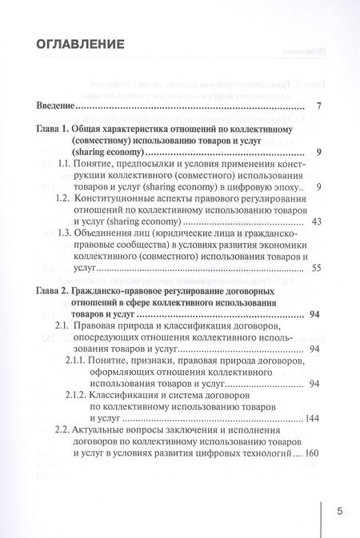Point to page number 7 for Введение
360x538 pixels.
pyautogui.click(x=318, y=106)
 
